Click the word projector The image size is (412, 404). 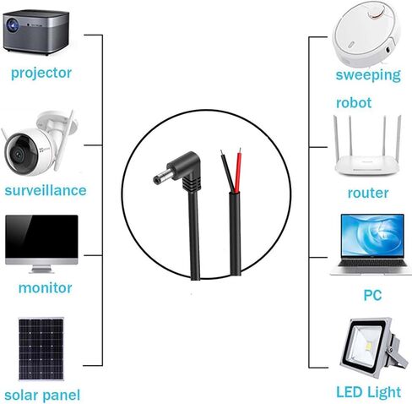(41, 74)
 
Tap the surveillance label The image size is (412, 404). (46, 190)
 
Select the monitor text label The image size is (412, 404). (45, 288)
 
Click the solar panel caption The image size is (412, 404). (42, 396)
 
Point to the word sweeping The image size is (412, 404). (368, 75)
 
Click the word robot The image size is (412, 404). (354, 103)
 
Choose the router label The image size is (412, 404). (368, 194)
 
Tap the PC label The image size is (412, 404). (372, 295)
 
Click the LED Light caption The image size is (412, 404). (369, 392)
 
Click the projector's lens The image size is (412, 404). (12, 25)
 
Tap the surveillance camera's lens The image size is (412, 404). (19, 153)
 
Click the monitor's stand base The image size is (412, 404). (41, 270)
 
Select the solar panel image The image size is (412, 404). (41, 349)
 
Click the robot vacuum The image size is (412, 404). (366, 34)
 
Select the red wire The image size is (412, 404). (238, 171)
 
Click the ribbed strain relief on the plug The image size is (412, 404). (192, 184)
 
